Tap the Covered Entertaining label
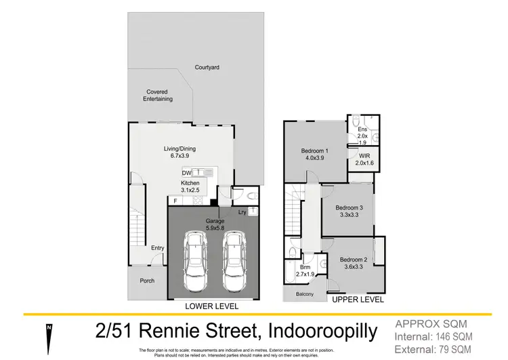[x=158, y=95]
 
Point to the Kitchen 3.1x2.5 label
[x=190, y=187]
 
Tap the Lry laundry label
[x=242, y=212]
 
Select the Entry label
[x=157, y=248]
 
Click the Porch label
[x=147, y=281]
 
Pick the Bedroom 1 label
[x=314, y=155]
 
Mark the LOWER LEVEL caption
[x=212, y=306]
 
